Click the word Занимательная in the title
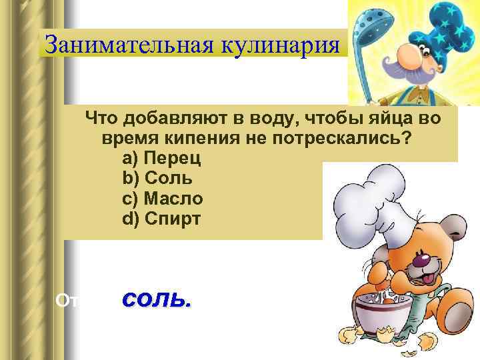tap(119, 46)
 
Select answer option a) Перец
tap(157, 159)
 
